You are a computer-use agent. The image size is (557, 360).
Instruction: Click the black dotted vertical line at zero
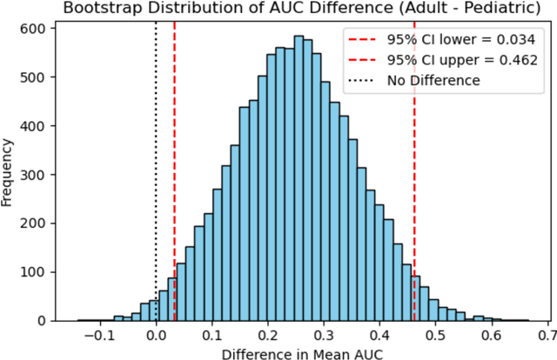[156, 174]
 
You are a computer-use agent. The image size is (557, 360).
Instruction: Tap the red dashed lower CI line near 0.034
[174, 174]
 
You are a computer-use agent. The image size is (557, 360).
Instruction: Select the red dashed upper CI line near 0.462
[414, 174]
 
